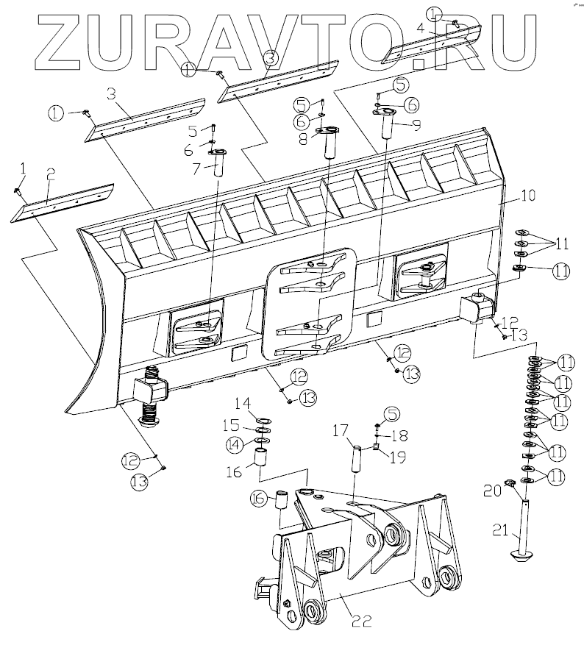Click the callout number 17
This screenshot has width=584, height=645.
(339, 430)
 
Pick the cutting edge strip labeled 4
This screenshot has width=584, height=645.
(433, 44)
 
